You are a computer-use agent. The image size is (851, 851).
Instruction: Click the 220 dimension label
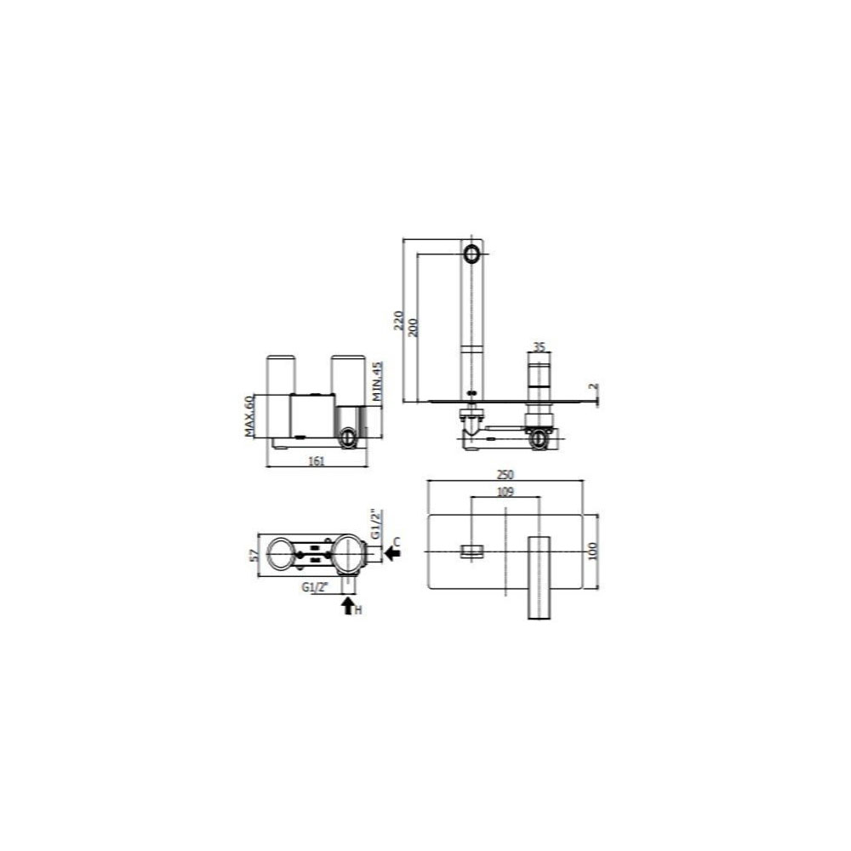[x=398, y=321]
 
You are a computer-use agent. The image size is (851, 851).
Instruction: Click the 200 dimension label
[x=413, y=328]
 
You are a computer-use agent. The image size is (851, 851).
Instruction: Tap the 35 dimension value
[x=539, y=347]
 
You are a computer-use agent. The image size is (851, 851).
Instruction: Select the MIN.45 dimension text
[x=378, y=381]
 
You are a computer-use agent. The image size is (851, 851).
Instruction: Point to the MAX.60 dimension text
[x=249, y=416]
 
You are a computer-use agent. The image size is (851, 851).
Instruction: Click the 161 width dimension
[x=316, y=460]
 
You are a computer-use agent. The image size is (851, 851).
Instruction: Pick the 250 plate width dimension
[x=505, y=474]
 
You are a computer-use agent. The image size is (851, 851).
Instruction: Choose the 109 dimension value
[x=505, y=492]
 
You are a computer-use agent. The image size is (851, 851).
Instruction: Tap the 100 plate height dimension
[x=592, y=551]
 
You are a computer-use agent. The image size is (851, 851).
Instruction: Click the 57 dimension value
[x=254, y=555]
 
